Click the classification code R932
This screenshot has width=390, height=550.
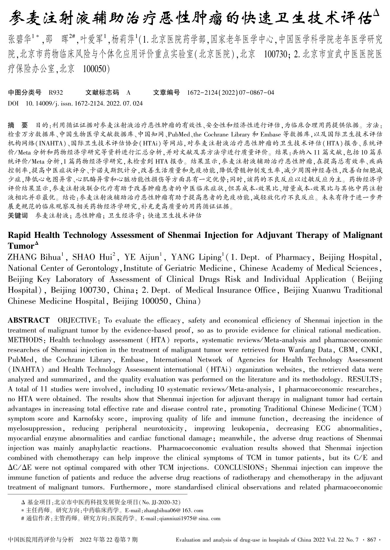coord(56,92)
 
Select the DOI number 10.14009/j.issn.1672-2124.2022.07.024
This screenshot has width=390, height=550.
coord(84,103)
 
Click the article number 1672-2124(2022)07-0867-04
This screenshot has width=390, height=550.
coord(231,92)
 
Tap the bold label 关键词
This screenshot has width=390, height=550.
coord(18,216)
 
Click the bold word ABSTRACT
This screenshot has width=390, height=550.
coord(28,320)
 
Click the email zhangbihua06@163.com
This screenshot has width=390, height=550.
coord(174,511)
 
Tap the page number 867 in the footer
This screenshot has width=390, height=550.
coord(372,540)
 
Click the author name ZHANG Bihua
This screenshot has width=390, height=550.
coord(34,257)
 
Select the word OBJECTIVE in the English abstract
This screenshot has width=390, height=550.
coord(77,320)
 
